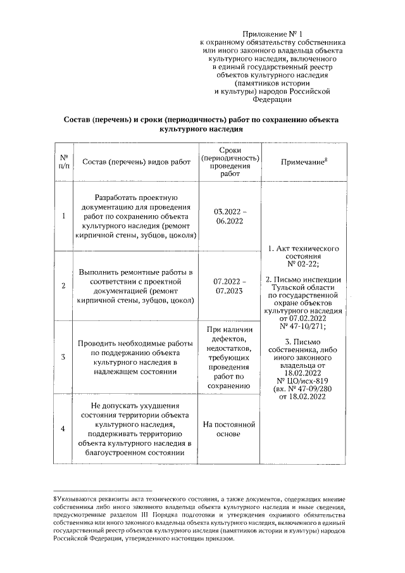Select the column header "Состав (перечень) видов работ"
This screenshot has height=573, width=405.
(x=136, y=162)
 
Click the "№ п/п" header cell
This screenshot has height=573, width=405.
(x=64, y=162)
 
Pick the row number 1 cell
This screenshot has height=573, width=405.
(x=64, y=217)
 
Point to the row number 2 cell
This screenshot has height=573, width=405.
(x=64, y=286)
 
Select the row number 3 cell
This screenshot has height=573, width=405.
(x=64, y=356)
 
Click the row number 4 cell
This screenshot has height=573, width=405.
(x=64, y=429)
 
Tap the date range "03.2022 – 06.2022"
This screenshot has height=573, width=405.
(x=230, y=216)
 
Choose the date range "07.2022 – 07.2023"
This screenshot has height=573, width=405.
(x=230, y=286)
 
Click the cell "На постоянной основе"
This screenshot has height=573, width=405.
(x=230, y=429)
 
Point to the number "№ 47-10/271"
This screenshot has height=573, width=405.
(x=302, y=327)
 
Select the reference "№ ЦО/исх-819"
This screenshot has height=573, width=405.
(x=303, y=381)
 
